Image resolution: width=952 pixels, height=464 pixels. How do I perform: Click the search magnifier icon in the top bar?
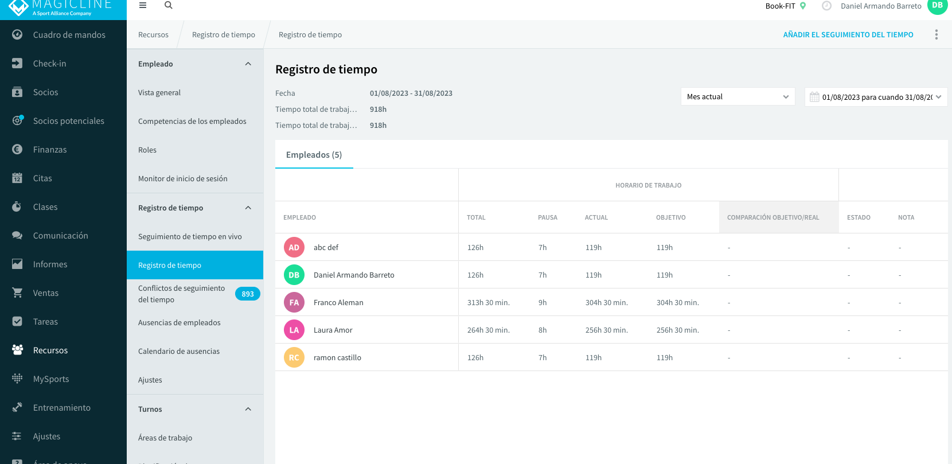pos(168,5)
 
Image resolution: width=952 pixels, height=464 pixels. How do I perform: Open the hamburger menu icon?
pos(143,5)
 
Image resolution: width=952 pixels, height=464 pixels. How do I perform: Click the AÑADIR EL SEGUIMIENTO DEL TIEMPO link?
pos(848,34)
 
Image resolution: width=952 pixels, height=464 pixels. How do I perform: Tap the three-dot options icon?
pos(937,34)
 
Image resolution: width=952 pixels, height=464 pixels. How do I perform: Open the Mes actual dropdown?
pos(738,96)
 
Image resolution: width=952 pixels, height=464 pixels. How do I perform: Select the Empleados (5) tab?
pos(314,155)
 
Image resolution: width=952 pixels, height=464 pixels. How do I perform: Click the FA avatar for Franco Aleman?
pos(294,302)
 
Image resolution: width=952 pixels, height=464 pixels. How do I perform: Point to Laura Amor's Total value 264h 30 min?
pos(488,330)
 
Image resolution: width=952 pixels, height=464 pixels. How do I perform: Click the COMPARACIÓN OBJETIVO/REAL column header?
pos(772,217)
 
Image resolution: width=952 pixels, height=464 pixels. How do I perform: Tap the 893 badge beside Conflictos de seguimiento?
pos(247,294)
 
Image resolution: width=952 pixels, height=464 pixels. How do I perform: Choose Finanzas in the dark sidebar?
pos(50,149)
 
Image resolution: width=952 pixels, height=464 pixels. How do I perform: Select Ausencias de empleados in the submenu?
pos(179,322)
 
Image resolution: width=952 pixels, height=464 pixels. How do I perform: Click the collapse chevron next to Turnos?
pos(248,409)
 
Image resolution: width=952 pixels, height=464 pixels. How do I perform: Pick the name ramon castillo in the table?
pos(337,357)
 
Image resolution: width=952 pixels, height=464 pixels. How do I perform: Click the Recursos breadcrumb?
pos(153,34)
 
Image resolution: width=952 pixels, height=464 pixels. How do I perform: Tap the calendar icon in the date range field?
pos(814,97)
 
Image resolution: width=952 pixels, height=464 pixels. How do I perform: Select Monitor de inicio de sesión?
pos(182,178)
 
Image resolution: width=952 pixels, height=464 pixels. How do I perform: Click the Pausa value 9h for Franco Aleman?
pos(543,302)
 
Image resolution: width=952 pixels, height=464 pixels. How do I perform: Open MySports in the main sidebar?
pos(50,379)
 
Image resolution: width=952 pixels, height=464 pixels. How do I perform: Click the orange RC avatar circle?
pos(294,357)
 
